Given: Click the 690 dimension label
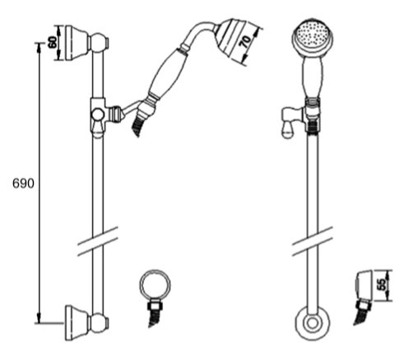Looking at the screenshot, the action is [x=23, y=184].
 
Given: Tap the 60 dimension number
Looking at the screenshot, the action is [x=53, y=42].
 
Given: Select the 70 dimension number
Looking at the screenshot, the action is [x=246, y=41].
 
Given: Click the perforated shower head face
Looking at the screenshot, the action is [x=313, y=35].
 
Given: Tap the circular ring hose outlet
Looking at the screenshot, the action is [x=155, y=285].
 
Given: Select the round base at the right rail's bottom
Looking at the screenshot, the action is [x=312, y=324].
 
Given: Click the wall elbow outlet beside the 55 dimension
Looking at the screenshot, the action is [x=365, y=285].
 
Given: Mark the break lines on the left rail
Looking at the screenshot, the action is [x=97, y=241].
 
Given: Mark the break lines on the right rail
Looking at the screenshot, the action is [x=312, y=241].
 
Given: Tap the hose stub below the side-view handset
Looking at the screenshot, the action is [x=137, y=125].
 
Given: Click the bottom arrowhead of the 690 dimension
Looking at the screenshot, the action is [x=40, y=318].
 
